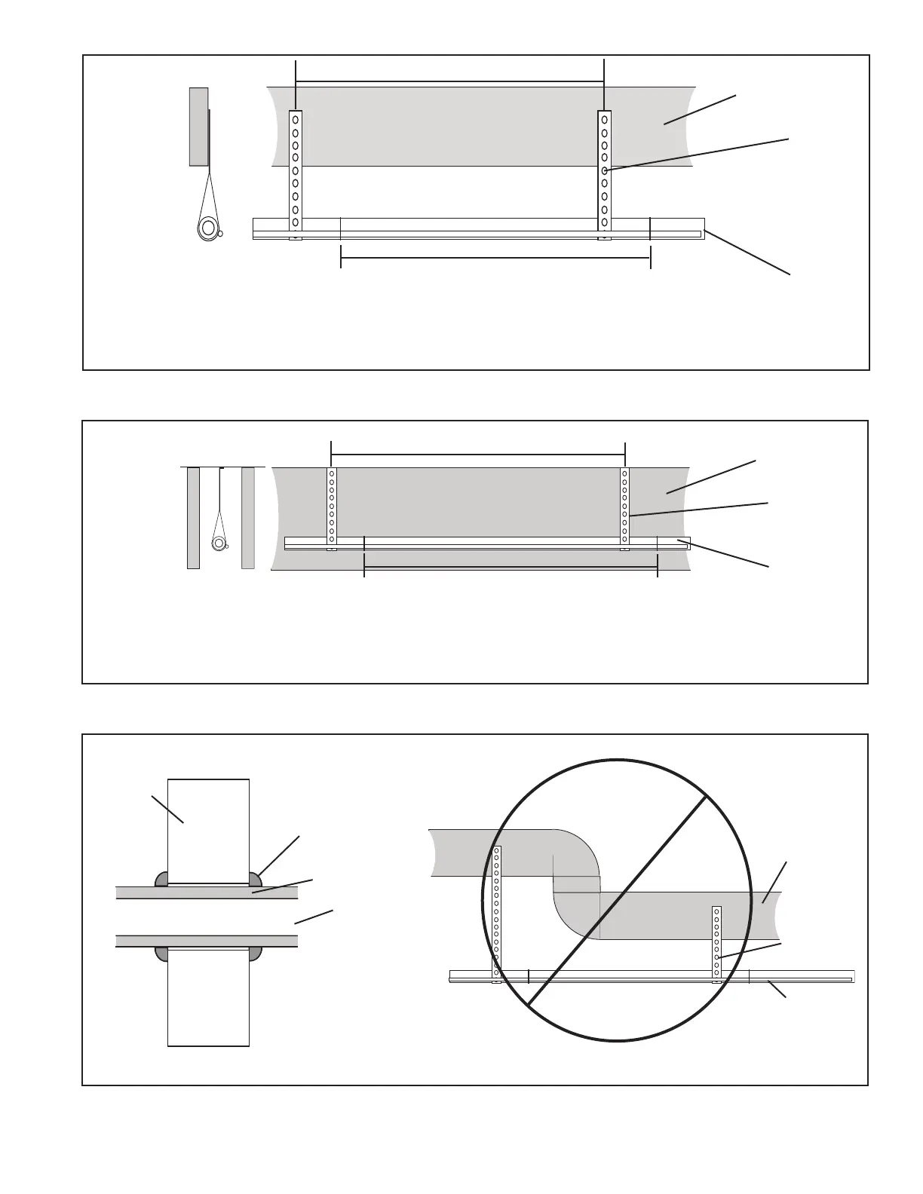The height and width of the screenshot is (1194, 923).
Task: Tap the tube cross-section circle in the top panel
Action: [x=207, y=228]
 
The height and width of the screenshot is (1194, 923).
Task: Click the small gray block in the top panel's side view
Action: [x=198, y=126]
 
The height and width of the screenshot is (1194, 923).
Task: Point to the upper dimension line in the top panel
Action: [x=450, y=82]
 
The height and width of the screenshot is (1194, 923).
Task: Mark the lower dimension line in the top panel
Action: [x=495, y=259]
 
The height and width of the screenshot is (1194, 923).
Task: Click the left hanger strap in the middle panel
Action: [x=332, y=505]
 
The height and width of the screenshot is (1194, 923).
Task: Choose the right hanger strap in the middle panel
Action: [x=624, y=505]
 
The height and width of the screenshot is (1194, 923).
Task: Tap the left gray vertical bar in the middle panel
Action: [x=193, y=517]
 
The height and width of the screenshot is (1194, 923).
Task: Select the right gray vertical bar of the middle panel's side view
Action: [x=248, y=517]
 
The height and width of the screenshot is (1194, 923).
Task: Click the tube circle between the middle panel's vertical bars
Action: [x=219, y=543]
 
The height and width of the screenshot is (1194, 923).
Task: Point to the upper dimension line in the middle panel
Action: [x=478, y=454]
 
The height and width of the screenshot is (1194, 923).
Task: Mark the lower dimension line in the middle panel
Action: [x=511, y=567]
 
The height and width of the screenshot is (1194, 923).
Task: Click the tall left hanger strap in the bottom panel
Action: [x=496, y=912]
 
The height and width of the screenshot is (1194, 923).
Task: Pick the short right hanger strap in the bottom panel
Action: [x=716, y=942]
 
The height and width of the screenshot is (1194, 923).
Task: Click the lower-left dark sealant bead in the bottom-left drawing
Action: [x=161, y=954]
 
